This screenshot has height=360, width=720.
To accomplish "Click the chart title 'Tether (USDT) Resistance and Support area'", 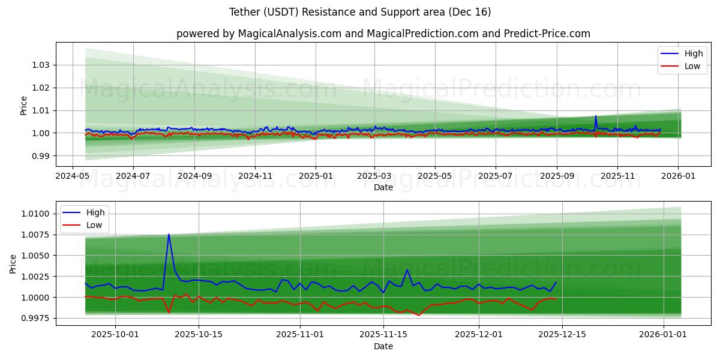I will coord(360,12).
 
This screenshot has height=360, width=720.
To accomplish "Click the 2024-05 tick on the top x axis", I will coord(73,176).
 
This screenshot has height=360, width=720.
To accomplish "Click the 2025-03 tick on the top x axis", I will coord(374,176).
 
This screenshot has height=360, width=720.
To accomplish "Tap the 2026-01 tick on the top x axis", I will coord(678,176).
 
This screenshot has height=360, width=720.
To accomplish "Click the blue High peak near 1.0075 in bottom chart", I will coord(169,234).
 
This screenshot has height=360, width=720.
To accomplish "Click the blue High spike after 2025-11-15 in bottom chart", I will coord(407,269).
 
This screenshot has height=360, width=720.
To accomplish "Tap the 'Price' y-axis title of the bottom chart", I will coord(14,263).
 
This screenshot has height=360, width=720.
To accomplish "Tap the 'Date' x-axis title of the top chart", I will coord(383,187).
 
